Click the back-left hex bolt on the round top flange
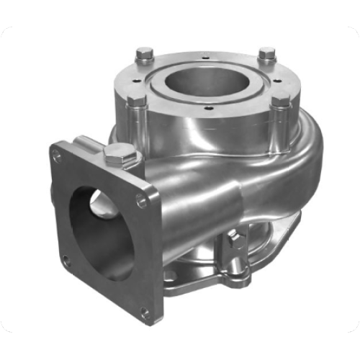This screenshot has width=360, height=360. (x=145, y=54)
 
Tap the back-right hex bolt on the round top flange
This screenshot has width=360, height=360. (x=267, y=54)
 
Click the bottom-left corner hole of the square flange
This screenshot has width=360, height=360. (x=66, y=260)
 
